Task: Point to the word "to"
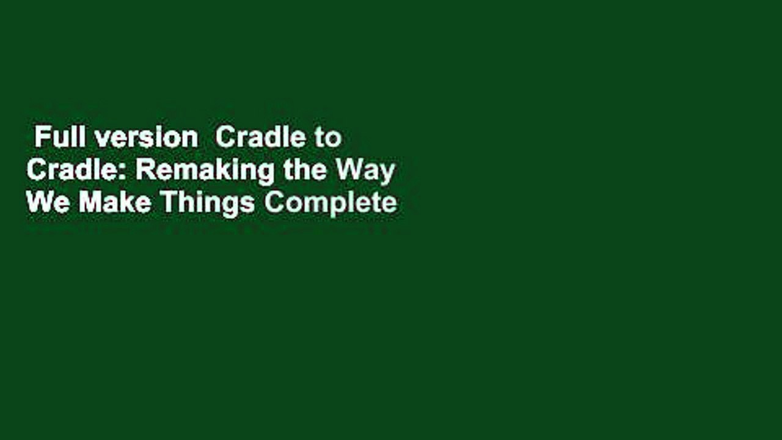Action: (x=328, y=139)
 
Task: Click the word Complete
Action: (x=331, y=204)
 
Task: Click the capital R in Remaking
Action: (x=143, y=170)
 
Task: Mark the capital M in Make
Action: (x=88, y=203)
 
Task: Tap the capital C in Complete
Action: (x=272, y=203)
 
